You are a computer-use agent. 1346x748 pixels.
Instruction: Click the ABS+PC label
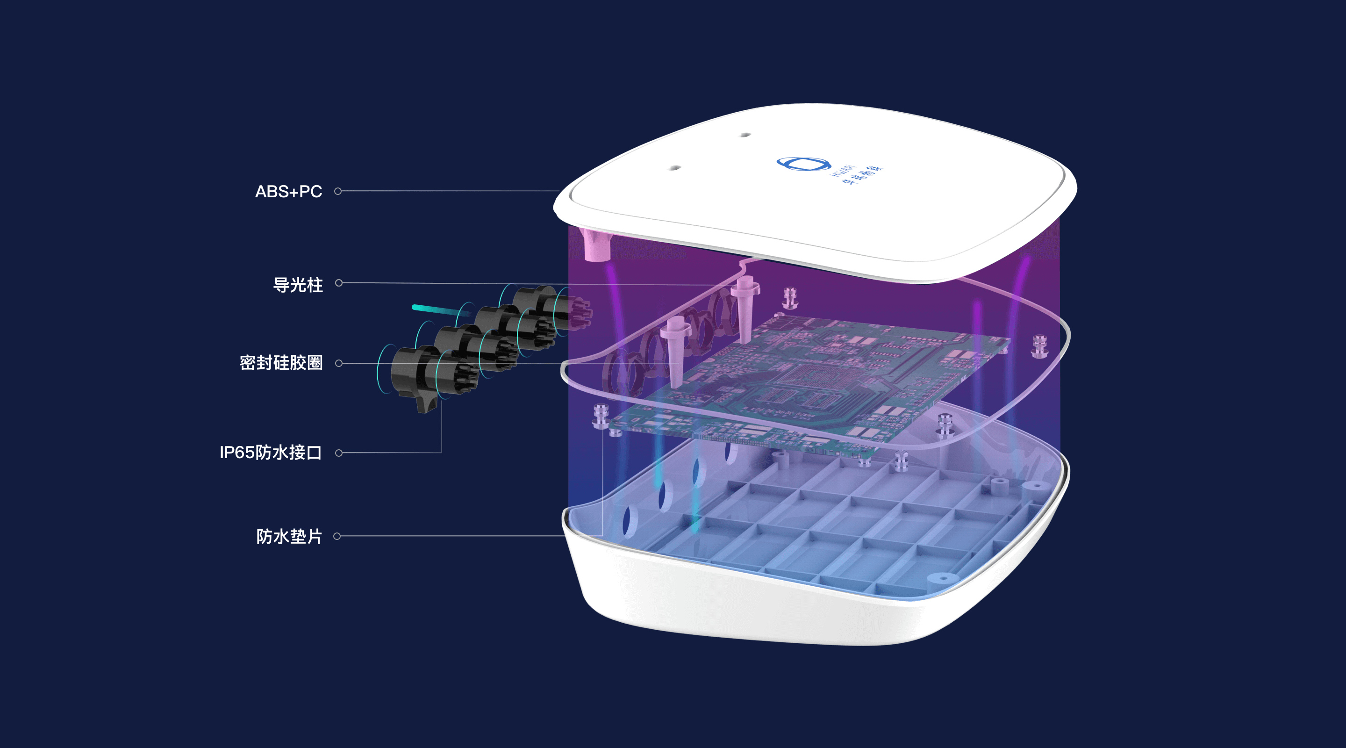[x=288, y=192]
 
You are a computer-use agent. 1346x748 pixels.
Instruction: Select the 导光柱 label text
[x=298, y=285]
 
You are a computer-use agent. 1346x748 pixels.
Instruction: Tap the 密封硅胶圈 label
[x=281, y=363]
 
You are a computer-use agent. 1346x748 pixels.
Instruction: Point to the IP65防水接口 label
[x=271, y=453]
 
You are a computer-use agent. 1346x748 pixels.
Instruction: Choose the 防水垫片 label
[x=289, y=537]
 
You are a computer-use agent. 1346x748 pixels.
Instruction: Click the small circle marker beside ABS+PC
[x=338, y=191]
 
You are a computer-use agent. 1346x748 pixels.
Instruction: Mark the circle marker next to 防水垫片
[x=337, y=536]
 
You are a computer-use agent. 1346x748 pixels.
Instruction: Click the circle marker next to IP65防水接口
[x=338, y=453]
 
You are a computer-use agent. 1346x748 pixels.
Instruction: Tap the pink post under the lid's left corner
[x=596, y=245]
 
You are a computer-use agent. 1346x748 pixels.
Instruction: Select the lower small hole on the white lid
[x=674, y=168]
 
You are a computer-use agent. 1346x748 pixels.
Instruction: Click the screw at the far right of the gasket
[x=1039, y=346]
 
